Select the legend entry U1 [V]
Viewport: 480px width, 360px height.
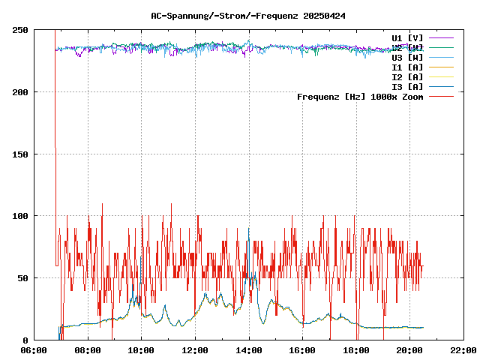pyautogui.click(x=407, y=37)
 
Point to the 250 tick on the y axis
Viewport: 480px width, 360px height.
pyautogui.click(x=20, y=30)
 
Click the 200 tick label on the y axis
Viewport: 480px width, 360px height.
pyautogui.click(x=20, y=92)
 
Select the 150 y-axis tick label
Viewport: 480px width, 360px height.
pyautogui.click(x=20, y=154)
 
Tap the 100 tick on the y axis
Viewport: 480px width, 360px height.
pyautogui.click(x=20, y=216)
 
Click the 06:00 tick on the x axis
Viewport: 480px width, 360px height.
pyautogui.click(x=34, y=350)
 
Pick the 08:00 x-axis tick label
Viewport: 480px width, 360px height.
pyautogui.click(x=88, y=350)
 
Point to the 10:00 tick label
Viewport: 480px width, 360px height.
pyautogui.click(x=142, y=350)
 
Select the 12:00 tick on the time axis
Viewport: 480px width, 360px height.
pyautogui.click(x=195, y=350)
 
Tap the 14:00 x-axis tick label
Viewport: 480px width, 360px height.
pyautogui.click(x=249, y=350)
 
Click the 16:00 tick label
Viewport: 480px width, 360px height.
pyautogui.click(x=302, y=350)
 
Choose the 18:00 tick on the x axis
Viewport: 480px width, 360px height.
pyautogui.click(x=356, y=350)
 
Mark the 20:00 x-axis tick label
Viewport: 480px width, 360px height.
pyautogui.click(x=409, y=350)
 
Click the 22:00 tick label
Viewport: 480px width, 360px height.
pyautogui.click(x=463, y=350)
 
